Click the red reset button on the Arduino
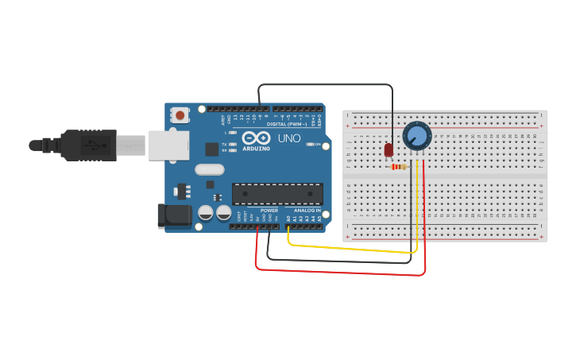[180, 115]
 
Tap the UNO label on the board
[288, 137]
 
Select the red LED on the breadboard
[389, 149]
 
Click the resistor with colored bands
[399, 167]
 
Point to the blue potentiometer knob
[416, 135]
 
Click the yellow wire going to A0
[350, 248]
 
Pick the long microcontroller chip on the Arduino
[277, 193]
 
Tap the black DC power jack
[174, 215]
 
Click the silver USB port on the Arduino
[169, 145]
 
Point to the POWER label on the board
[269, 211]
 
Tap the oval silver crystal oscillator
[210, 168]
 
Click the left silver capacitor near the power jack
[205, 213]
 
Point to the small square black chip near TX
[212, 149]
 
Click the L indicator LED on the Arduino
[232, 133]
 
